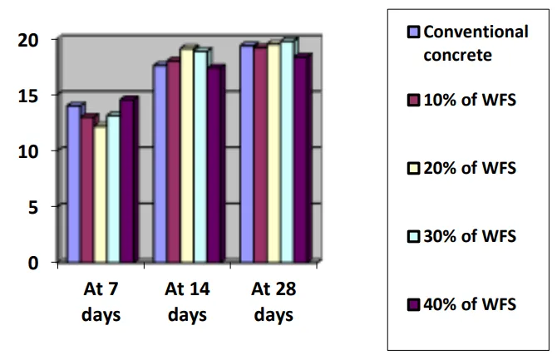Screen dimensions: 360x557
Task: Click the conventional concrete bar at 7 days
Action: click(x=73, y=183)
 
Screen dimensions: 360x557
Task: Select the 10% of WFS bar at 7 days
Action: click(x=86, y=189)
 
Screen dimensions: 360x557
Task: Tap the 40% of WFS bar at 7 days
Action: click(x=126, y=180)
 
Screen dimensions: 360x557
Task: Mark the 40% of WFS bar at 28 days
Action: click(x=300, y=158)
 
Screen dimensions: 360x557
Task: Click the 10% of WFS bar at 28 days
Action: click(x=259, y=154)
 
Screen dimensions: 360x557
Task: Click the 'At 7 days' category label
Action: click(x=101, y=303)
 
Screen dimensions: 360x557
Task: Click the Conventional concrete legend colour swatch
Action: click(x=411, y=33)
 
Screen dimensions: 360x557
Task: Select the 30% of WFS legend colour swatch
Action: click(x=411, y=236)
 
